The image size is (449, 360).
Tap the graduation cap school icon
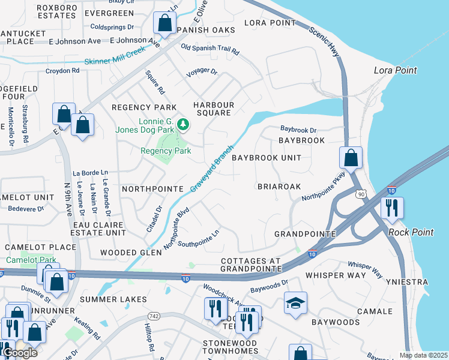point(295,304)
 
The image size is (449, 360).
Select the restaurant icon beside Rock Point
point(391,208)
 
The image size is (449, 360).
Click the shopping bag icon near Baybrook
point(351,158)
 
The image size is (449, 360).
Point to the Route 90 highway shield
point(360,194)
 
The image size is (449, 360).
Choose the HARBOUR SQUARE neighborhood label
point(213,109)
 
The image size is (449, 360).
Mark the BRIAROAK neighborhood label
point(279,187)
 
